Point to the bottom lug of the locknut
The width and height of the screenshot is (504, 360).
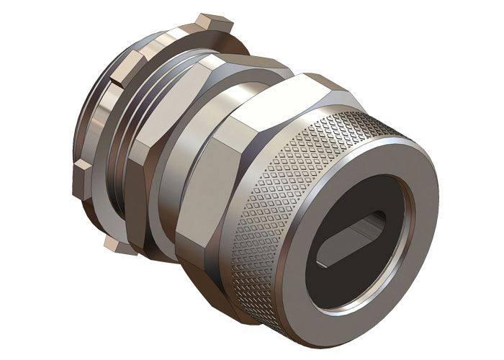pos(119,245)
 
